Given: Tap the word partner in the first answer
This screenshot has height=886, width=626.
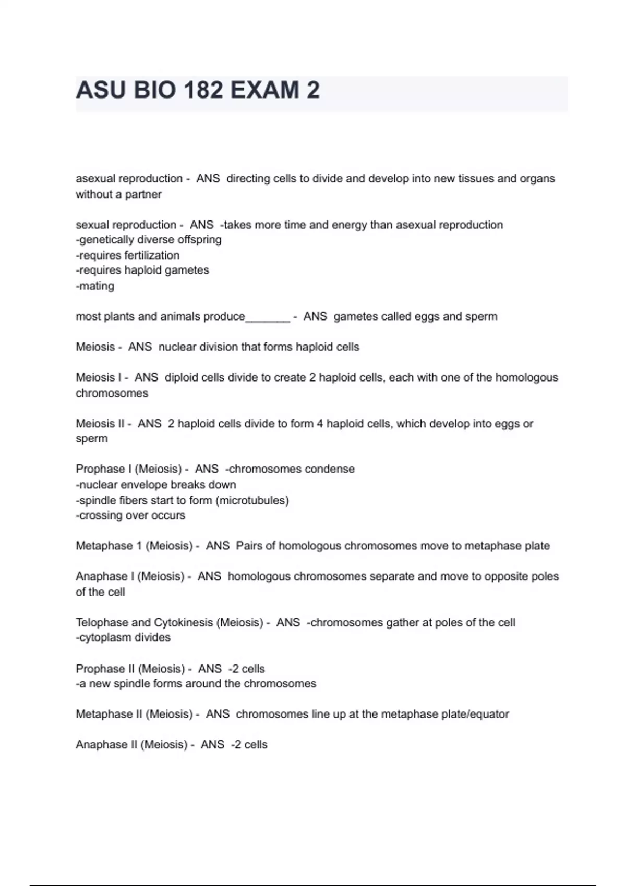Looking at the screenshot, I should pyautogui.click(x=143, y=194).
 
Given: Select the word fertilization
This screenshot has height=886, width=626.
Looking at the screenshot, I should pyautogui.click(x=149, y=255).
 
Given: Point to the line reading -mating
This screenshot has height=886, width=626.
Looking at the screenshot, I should pyautogui.click(x=95, y=286).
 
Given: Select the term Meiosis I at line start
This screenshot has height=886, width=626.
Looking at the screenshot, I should pyautogui.click(x=98, y=377).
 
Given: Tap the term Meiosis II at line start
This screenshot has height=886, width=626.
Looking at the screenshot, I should pyautogui.click(x=100, y=424).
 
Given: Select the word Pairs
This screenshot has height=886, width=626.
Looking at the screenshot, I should pyautogui.click(x=249, y=546).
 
